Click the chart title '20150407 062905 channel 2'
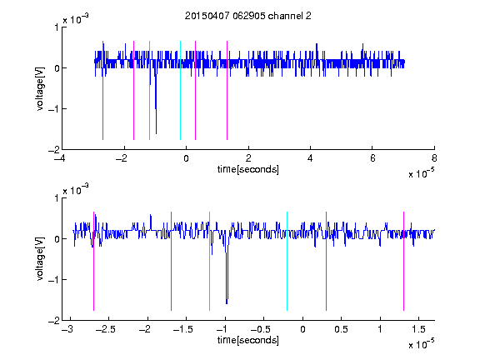point(248,16)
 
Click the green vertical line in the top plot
point(149,90)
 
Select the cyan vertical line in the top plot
point(180,90)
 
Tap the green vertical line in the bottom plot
point(209,261)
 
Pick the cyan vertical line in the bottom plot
point(287,261)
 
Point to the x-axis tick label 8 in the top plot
point(434,158)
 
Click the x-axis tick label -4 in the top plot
point(61,158)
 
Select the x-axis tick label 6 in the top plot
point(372,158)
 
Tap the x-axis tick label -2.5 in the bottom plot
point(105,329)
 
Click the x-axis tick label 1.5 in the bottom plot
point(418,329)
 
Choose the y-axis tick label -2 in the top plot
point(53,150)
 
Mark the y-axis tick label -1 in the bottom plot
point(53,279)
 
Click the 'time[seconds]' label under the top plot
point(248,169)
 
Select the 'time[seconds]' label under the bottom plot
point(248,340)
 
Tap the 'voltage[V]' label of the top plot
point(40,89)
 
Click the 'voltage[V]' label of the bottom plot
point(40,259)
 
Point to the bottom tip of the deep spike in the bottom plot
point(227,303)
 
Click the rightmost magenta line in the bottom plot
point(403,261)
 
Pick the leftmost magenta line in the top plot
point(102,90)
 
